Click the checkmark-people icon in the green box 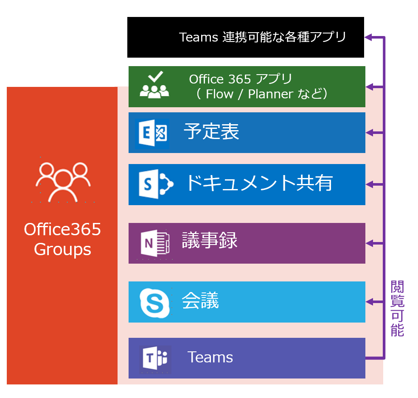[x=154, y=86]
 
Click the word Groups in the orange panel [x=62, y=249]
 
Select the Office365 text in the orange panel [x=62, y=230]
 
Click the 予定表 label [x=211, y=132]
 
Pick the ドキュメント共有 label [x=259, y=183]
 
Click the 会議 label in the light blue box [x=200, y=301]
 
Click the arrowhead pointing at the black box [x=369, y=37]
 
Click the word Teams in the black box [x=199, y=37]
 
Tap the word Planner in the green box [x=268, y=94]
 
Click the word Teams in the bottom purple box [x=210, y=357]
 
